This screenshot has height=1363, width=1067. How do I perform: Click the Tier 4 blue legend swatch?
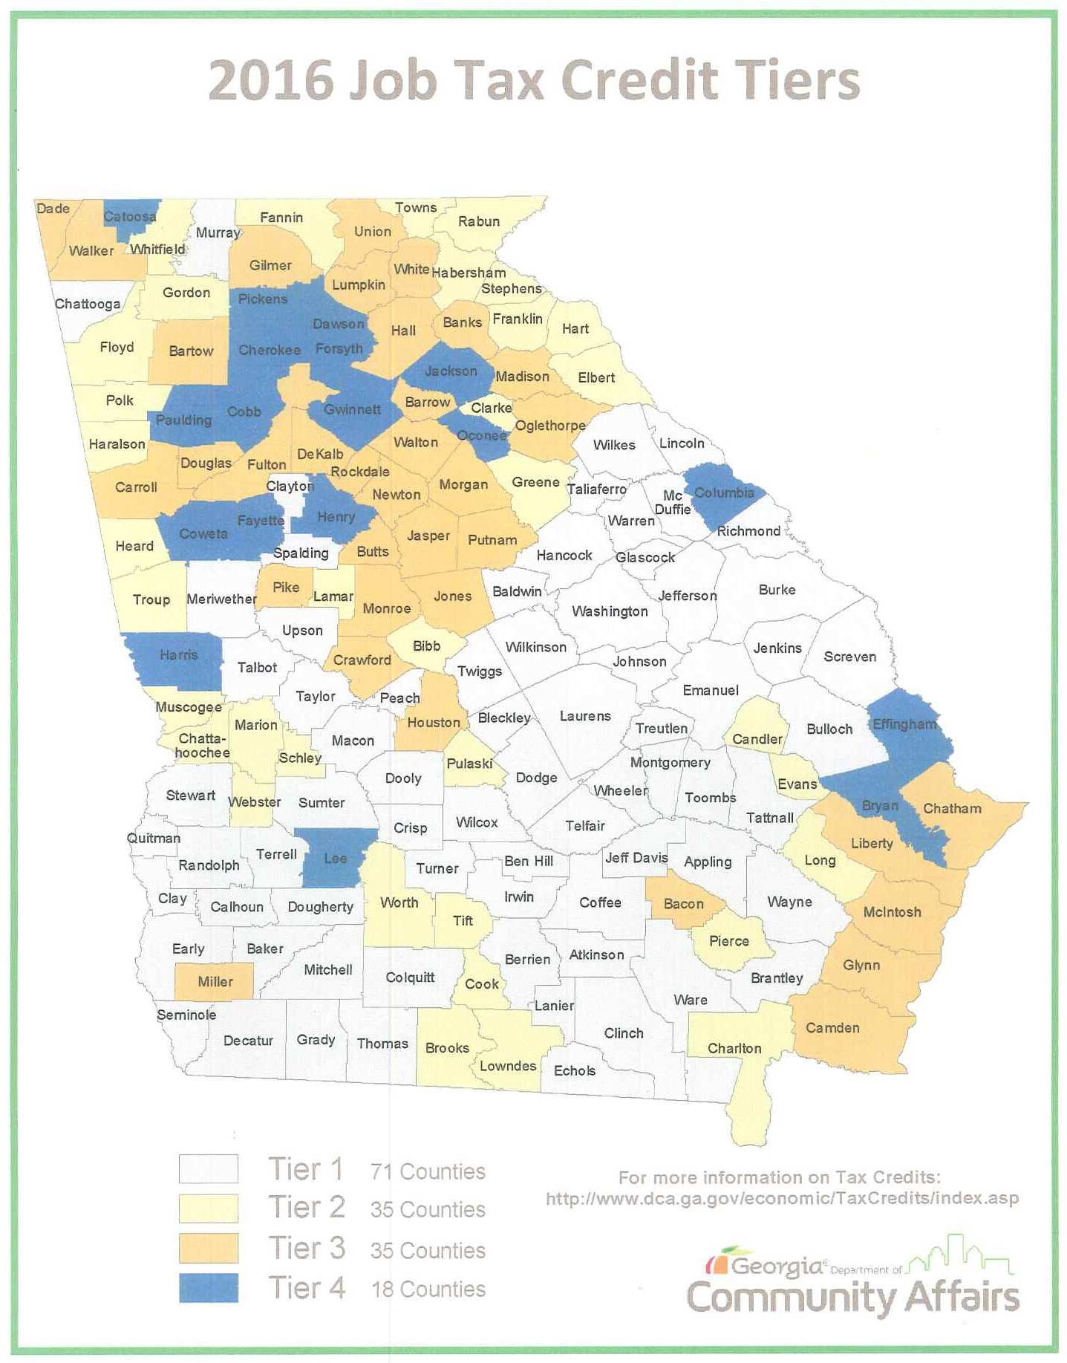coord(209,1287)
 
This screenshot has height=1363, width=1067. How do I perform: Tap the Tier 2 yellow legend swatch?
coord(209,1208)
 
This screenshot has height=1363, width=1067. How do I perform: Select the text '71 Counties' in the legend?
coord(428,1171)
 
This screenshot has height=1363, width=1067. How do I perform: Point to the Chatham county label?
coord(951,808)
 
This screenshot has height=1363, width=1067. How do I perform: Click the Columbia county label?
coord(724,492)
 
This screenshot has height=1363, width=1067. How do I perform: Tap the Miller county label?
coord(215,981)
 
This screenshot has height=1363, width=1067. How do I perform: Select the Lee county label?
coord(335,858)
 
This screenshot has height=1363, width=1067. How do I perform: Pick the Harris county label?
coord(178,654)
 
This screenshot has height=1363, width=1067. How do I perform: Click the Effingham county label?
coord(904,723)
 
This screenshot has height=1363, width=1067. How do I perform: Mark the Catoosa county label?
coord(130,217)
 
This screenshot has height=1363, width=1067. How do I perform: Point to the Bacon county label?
coord(683,903)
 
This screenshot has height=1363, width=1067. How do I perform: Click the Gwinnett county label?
coord(352,409)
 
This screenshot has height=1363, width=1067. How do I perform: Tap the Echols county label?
coord(575,1070)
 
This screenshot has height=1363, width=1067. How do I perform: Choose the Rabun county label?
coord(479,221)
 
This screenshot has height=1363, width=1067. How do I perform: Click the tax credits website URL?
coord(782,1198)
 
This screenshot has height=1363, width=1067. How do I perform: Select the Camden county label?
coord(832,1027)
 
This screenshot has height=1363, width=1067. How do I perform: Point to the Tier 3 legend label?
coord(307,1248)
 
